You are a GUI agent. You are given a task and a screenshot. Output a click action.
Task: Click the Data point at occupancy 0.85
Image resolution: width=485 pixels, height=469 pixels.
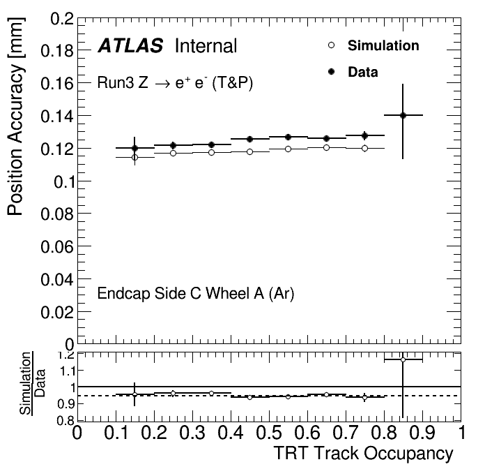[x=403, y=115]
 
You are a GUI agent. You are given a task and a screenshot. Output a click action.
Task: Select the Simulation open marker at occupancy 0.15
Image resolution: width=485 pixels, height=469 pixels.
[x=134, y=157]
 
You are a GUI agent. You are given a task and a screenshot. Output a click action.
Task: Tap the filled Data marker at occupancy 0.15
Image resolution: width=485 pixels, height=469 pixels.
[x=134, y=148]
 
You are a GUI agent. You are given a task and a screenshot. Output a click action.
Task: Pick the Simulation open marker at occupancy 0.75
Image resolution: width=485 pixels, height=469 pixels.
[x=364, y=148]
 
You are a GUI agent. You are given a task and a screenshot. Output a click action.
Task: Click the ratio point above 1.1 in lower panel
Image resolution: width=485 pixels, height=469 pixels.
[x=403, y=359]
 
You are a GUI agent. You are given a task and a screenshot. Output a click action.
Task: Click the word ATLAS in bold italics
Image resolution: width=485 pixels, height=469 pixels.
[x=131, y=47]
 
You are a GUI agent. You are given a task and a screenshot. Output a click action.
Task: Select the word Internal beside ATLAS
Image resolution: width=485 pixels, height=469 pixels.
[x=206, y=47]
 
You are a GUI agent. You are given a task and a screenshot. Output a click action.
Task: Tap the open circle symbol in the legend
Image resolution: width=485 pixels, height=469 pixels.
[x=332, y=46]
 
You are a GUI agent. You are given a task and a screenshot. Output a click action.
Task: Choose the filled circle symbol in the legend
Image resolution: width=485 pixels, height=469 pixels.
[x=332, y=71]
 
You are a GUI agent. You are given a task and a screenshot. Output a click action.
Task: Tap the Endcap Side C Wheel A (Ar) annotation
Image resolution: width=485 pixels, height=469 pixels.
[x=196, y=294]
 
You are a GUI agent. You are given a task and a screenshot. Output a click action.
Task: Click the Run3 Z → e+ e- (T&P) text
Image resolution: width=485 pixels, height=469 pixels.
[x=175, y=83]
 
